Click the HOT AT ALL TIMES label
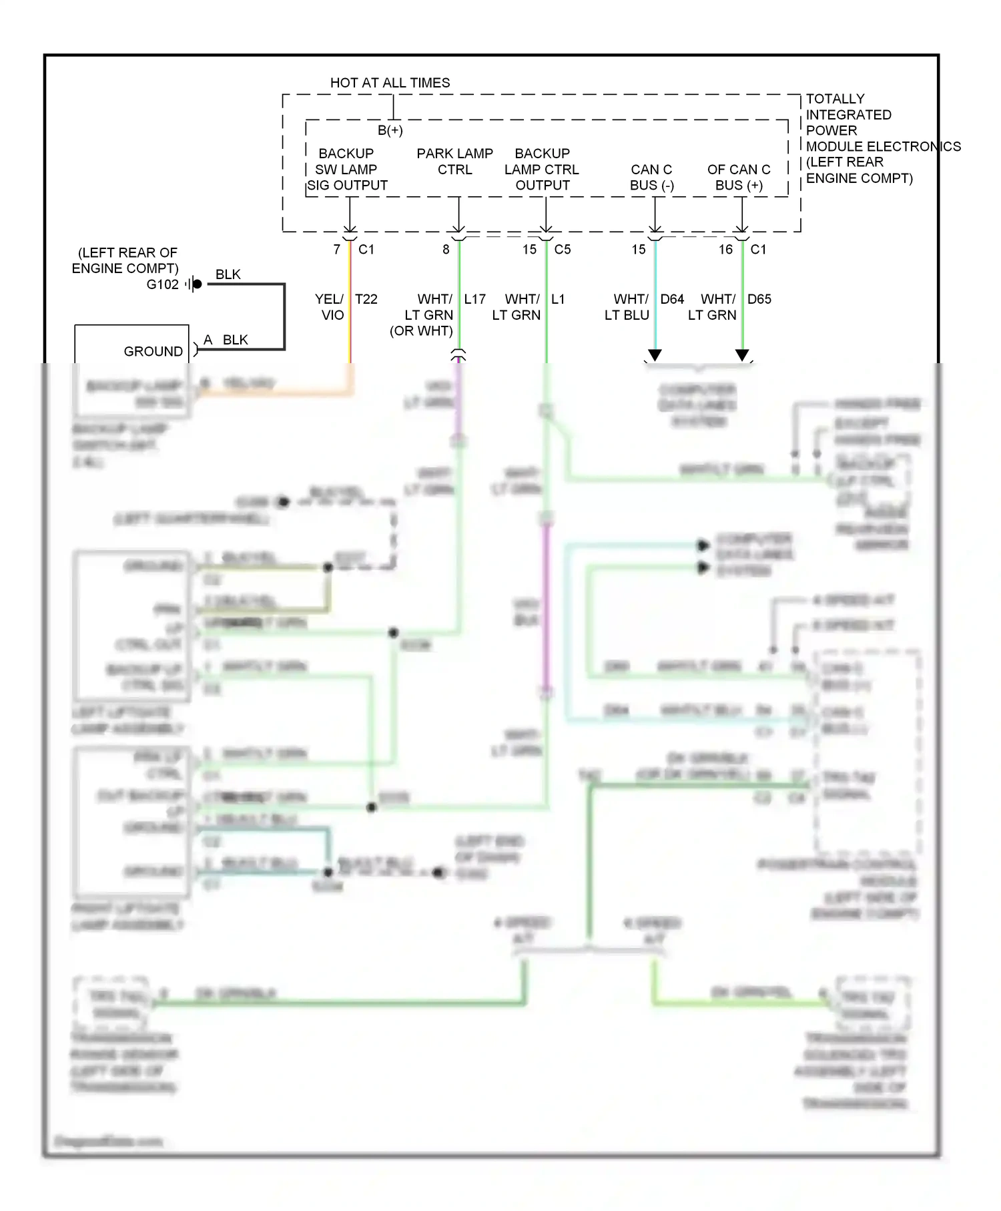coord(390,83)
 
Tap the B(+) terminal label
coord(390,130)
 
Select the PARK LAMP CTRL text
coord(454,162)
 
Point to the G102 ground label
coord(163,284)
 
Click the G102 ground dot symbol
coord(197,284)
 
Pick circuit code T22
coord(366,299)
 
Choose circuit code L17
coord(475,299)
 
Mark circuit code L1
coord(558,299)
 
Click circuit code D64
coord(672,299)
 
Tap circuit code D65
coord(759,299)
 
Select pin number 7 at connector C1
coord(337,250)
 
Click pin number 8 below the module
coord(446,250)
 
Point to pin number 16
coord(725,250)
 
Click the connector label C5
coord(563,250)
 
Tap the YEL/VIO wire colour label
coord(330,307)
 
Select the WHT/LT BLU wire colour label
coord(627,307)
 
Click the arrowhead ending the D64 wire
coord(655,355)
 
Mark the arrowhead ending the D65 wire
coord(742,355)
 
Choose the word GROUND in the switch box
coord(153,351)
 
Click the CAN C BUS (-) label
coord(652,178)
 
